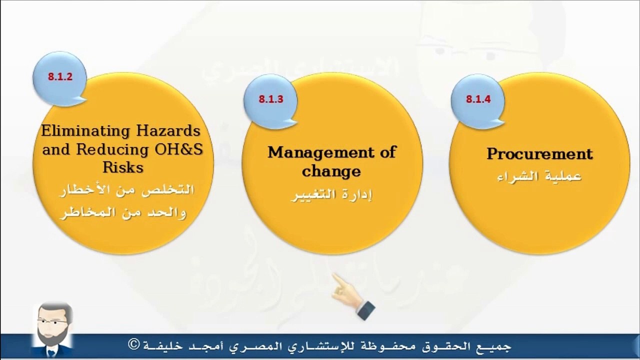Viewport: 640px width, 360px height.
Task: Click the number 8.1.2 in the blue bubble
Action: pyautogui.click(x=60, y=76)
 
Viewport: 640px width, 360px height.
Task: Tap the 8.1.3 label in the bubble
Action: pyautogui.click(x=271, y=99)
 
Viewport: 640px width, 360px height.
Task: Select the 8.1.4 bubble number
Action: pyautogui.click(x=478, y=99)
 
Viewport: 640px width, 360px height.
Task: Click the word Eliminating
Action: pyautogui.click(x=85, y=131)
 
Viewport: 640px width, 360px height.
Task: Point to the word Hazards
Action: pyautogui.click(x=168, y=131)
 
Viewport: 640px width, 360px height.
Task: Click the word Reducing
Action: pyautogui.click(x=112, y=149)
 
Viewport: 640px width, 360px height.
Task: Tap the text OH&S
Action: pyautogui.click(x=178, y=149)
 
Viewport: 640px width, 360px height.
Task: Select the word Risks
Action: pyautogui.click(x=123, y=167)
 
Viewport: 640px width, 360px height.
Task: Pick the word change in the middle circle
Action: pyautogui.click(x=331, y=171)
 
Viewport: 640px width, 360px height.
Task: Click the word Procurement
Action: pyautogui.click(x=539, y=153)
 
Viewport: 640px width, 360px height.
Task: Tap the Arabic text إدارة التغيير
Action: pyautogui.click(x=331, y=195)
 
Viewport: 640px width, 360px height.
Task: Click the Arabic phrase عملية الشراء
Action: pyautogui.click(x=539, y=176)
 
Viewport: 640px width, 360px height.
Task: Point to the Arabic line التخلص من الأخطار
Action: pyautogui.click(x=126, y=189)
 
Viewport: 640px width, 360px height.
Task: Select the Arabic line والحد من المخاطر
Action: pyautogui.click(x=123, y=212)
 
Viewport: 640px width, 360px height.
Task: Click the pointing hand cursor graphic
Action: pyautogui.click(x=353, y=296)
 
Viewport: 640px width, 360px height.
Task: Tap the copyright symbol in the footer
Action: pyautogui.click(x=134, y=344)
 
